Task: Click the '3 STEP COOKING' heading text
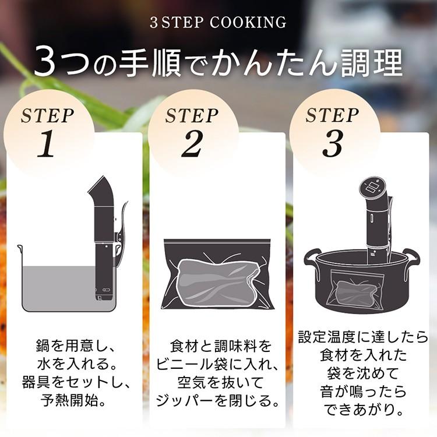tap(218, 23)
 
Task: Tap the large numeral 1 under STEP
tap(47, 146)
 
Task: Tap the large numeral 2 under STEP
tap(191, 146)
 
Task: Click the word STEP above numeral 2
tap(192, 116)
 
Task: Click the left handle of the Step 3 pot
tap(312, 257)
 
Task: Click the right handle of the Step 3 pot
tap(411, 256)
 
